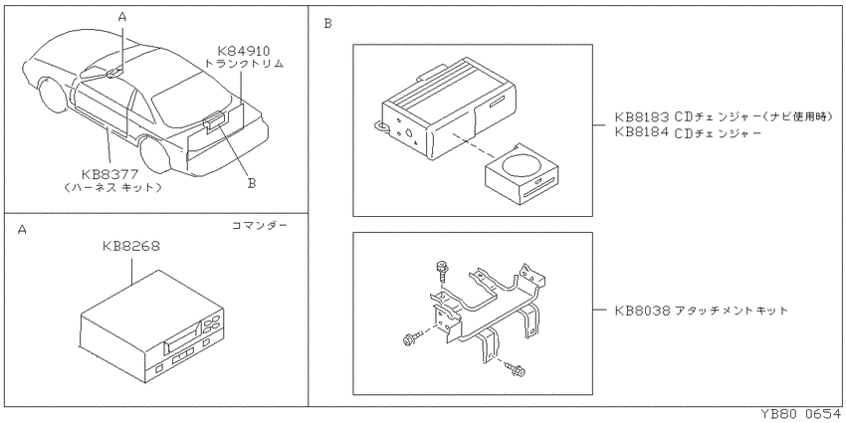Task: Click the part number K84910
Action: point(243,51)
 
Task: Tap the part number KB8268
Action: point(131,247)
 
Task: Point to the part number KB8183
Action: point(643,116)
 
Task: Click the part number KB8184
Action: point(643,132)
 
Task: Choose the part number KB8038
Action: point(643,311)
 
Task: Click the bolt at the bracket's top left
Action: point(440,270)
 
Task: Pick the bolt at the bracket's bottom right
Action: point(516,369)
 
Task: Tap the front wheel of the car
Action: point(54,95)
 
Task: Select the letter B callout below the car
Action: point(252,183)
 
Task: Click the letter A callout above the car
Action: point(122,17)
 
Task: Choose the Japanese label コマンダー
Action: point(259,225)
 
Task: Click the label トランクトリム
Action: point(245,64)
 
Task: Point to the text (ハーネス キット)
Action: point(112,188)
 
